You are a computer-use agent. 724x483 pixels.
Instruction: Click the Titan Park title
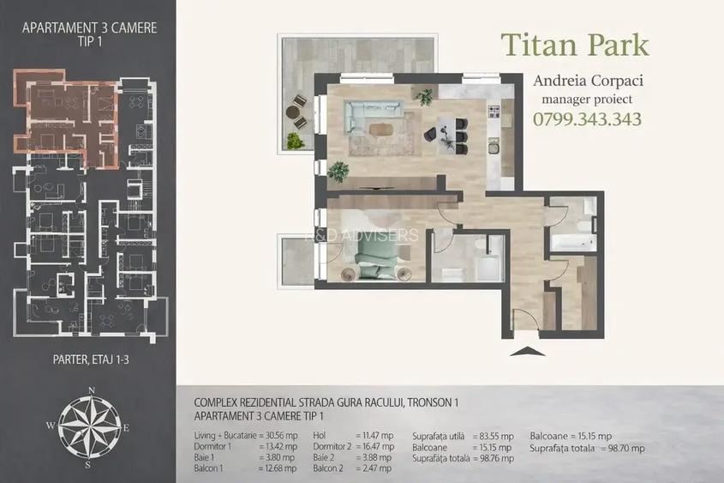pyautogui.click(x=575, y=45)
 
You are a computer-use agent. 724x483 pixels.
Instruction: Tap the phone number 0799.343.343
pyautogui.click(x=587, y=119)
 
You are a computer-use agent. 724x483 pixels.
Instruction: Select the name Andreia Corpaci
pyautogui.click(x=588, y=81)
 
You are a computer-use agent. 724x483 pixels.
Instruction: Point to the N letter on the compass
pyautogui.click(x=92, y=390)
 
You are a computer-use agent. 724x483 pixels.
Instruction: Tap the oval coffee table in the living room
pyautogui.click(x=381, y=129)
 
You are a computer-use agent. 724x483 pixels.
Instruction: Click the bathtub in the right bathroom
pyautogui.click(x=571, y=242)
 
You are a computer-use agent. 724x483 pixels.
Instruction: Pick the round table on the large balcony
pyautogui.click(x=293, y=112)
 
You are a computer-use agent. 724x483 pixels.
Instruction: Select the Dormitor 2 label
pyautogui.click(x=332, y=446)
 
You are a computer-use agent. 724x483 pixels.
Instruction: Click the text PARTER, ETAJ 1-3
pyautogui.click(x=91, y=359)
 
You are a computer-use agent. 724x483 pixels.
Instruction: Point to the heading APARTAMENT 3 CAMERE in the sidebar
pyautogui.click(x=90, y=27)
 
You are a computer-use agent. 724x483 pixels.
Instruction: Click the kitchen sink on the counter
pyautogui.click(x=494, y=148)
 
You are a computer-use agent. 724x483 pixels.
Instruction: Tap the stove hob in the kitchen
pyautogui.click(x=494, y=111)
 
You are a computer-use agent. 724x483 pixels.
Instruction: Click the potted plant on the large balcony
pyautogui.click(x=294, y=141)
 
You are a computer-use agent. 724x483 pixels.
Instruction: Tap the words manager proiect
pyautogui.click(x=587, y=100)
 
